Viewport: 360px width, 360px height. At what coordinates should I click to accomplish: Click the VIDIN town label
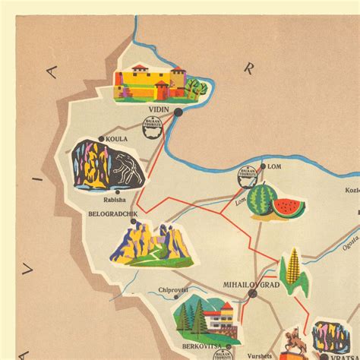(x=158, y=109)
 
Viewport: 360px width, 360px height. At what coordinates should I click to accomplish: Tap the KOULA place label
(x=117, y=139)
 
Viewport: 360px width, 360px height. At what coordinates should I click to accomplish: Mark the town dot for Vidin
(x=178, y=112)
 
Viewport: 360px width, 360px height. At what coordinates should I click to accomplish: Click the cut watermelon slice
(x=289, y=208)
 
